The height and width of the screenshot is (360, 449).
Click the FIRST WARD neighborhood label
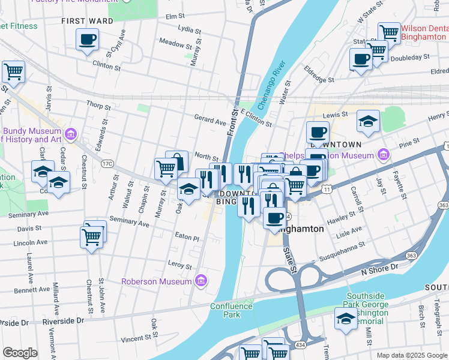[87, 21]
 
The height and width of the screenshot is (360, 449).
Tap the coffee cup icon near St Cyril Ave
[87, 40]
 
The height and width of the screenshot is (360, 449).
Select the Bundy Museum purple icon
[71, 133]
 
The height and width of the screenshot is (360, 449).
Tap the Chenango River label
[270, 84]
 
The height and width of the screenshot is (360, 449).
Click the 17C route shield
[107, 163]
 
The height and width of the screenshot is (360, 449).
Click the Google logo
[20, 353]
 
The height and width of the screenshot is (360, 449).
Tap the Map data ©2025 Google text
[411, 355]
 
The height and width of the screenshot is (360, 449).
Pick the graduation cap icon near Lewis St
[368, 121]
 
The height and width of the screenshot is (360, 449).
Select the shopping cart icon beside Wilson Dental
[389, 32]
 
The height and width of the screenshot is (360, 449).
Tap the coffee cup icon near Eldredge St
[361, 59]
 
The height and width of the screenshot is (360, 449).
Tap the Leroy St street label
[179, 265]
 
